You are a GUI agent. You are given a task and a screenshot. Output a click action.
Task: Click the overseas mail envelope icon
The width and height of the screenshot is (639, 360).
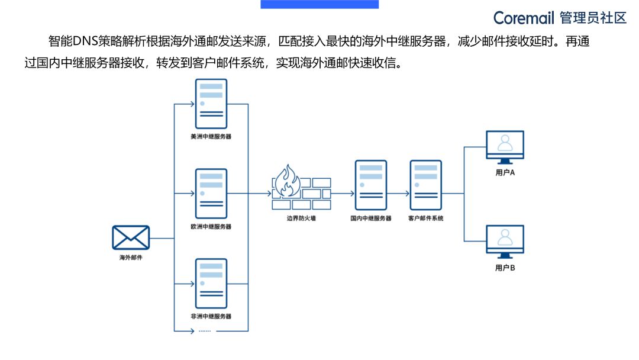coord(131,238)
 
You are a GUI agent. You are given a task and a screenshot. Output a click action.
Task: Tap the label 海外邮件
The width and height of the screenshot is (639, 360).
coord(131,258)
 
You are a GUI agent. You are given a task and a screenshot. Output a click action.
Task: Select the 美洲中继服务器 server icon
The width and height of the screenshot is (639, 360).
coord(211,103)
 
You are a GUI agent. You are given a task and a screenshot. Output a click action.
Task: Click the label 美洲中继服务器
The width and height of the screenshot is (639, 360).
coord(211,136)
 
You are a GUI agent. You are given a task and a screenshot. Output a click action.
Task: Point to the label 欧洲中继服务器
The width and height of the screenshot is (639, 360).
coord(211,226)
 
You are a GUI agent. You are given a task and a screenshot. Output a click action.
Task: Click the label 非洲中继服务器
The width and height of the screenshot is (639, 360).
coord(211,316)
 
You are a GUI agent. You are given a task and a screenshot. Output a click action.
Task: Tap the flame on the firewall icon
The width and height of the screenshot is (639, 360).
coord(288,181)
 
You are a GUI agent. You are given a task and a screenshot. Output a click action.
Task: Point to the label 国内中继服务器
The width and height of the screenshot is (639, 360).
coord(371,218)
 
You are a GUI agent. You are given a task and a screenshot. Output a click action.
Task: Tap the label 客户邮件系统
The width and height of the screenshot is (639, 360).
coord(426,218)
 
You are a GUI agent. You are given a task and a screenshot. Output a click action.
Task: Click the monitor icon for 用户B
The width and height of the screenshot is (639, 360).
coord(505,242)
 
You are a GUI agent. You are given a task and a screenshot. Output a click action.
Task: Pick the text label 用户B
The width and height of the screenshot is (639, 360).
coord(505,268)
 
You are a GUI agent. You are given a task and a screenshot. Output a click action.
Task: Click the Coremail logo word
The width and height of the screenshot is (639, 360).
coord(525,18)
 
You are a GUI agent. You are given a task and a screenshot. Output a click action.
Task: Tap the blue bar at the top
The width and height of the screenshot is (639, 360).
coord(319,4)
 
